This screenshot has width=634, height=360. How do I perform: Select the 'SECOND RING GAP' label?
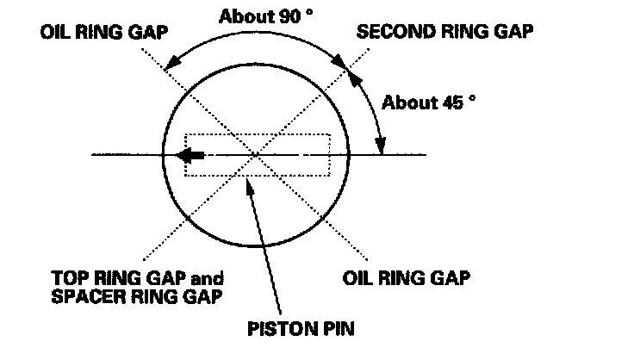[x=444, y=32]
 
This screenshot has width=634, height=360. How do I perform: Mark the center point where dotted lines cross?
[x=256, y=156]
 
